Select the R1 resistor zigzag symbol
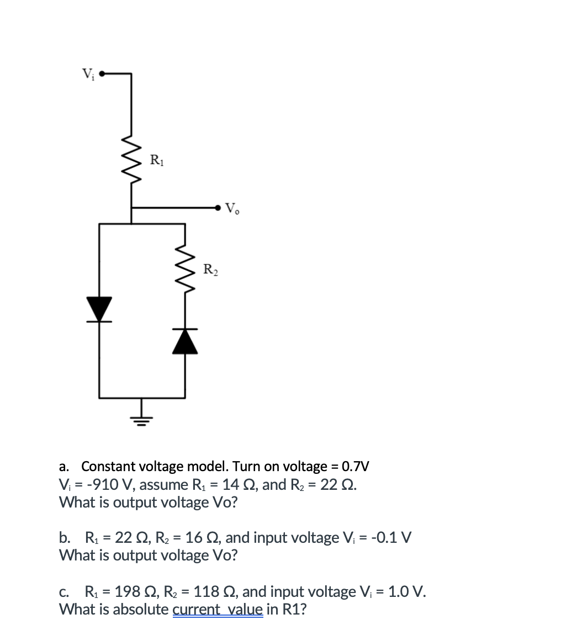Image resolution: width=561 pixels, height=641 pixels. coord(131,160)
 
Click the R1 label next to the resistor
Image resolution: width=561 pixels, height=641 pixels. coord(157,161)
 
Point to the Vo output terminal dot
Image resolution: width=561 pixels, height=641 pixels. coord(219,208)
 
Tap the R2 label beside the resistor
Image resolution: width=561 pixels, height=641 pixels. coord(210,270)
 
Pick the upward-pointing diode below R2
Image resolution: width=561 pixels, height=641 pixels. coord(184,341)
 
